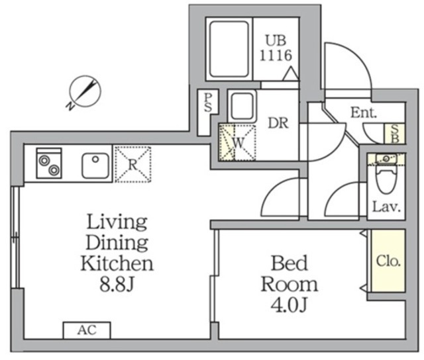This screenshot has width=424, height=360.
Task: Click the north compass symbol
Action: pos(85,91)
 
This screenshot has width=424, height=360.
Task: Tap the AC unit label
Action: pos(87,330)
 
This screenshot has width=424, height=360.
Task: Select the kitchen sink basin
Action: pos(95,165)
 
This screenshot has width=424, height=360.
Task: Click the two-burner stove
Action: pos(49,163)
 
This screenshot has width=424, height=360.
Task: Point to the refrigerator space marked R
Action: pos(132,164)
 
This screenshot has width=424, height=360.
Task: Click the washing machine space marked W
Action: pos(237,142)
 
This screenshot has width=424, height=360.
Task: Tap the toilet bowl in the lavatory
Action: pos(386,179)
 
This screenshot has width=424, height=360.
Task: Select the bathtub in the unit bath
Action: pos(229,49)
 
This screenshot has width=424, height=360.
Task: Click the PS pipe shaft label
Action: pos(207,103)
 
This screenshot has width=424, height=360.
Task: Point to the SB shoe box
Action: pos(395,134)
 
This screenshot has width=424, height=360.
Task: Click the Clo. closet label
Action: pos(388,261)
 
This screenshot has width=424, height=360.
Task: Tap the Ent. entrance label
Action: pos(364,112)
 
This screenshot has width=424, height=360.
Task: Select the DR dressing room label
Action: pos(278,123)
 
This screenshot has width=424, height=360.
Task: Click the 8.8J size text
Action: pos(117,284)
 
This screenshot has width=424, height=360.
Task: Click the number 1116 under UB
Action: pos(276,56)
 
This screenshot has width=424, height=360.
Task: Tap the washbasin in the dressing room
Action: pos(242,106)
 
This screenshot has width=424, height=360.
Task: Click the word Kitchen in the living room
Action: pos(117,263)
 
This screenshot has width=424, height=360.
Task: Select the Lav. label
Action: pos(386,207)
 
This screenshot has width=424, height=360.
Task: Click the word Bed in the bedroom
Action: pos(290,263)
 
